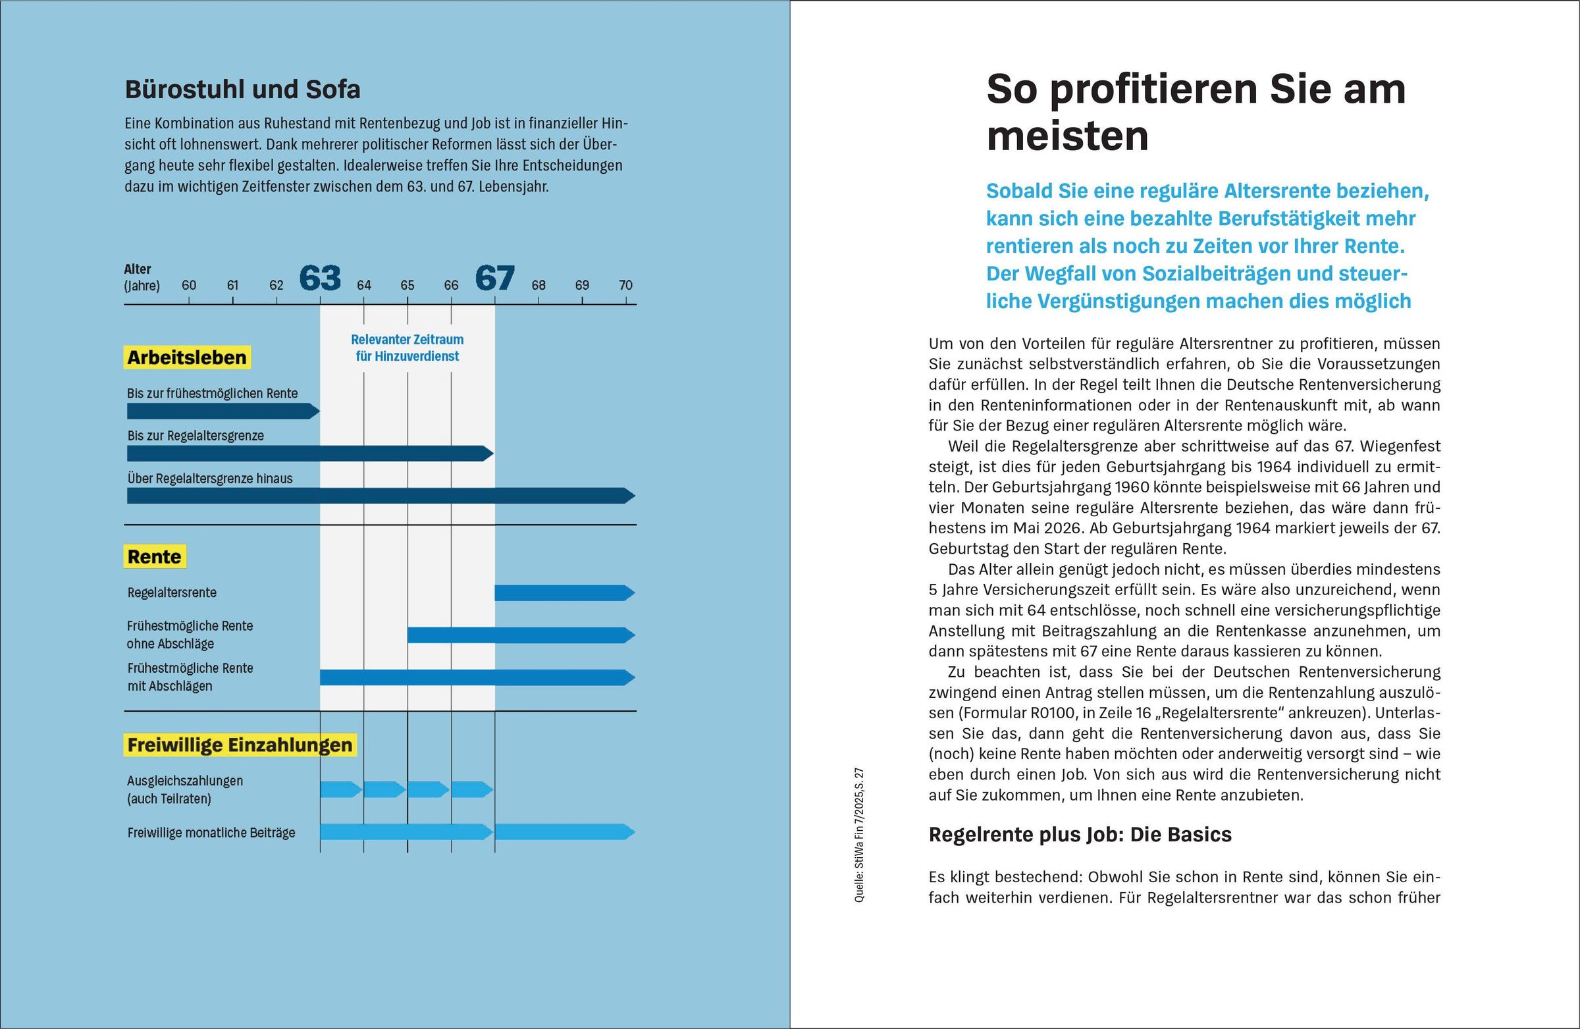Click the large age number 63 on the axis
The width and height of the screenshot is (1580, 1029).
(x=320, y=278)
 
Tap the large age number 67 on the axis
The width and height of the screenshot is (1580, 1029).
(x=494, y=278)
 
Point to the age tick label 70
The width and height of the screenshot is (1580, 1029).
(x=625, y=286)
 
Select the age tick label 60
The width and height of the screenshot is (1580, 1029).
(x=188, y=286)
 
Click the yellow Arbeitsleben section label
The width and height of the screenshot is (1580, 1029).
(x=187, y=358)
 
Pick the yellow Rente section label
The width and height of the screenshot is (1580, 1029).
(x=155, y=557)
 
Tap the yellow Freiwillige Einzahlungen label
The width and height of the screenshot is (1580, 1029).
(x=240, y=745)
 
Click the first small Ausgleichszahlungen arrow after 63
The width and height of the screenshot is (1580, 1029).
(x=340, y=790)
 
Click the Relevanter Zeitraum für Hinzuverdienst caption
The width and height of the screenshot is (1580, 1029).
(x=407, y=348)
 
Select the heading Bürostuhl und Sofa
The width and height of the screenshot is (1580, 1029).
(x=242, y=90)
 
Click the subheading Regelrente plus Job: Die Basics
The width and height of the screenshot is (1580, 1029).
(x=1080, y=835)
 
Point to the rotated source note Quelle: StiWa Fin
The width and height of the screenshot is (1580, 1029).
(x=860, y=835)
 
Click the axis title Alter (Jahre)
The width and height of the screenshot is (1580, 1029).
(x=142, y=278)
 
